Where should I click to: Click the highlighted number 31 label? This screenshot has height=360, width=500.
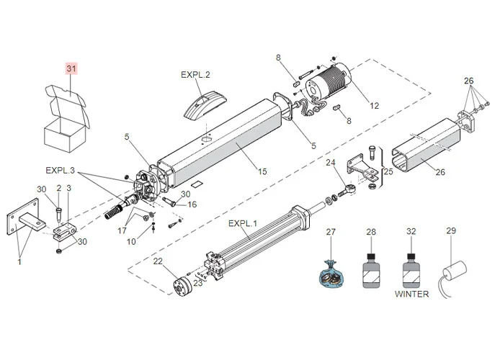click(71, 68)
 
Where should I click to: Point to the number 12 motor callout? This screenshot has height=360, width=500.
click(374, 106)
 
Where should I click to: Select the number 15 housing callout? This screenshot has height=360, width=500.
click(262, 171)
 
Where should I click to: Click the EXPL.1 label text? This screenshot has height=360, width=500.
click(242, 224)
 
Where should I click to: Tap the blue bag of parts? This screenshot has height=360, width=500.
click(332, 275)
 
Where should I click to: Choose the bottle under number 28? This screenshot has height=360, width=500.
click(371, 270)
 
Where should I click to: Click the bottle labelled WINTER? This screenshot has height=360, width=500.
click(411, 270)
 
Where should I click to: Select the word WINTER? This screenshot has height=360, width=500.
click(411, 294)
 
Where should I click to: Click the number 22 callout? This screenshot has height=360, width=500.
click(158, 261)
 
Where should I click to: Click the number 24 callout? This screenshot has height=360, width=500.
click(331, 163)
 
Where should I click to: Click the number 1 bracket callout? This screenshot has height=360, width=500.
click(19, 262)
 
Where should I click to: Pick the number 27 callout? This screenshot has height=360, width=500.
click(331, 232)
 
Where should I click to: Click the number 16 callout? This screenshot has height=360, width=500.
click(192, 204)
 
